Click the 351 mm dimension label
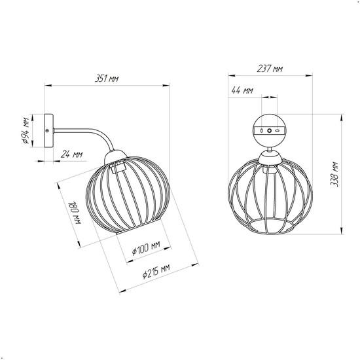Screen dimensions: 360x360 (107, 79)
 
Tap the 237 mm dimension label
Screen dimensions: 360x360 (270, 69)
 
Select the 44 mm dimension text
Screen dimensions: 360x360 (242, 90)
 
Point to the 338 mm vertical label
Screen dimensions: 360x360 (334, 174)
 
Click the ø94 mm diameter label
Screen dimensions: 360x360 (26, 131)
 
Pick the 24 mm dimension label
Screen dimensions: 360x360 (71, 154)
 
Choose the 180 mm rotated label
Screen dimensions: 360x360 (75, 213)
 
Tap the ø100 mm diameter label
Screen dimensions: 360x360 (146, 248)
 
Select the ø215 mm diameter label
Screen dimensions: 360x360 (156, 271)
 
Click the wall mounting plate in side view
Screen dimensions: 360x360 (49, 131)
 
